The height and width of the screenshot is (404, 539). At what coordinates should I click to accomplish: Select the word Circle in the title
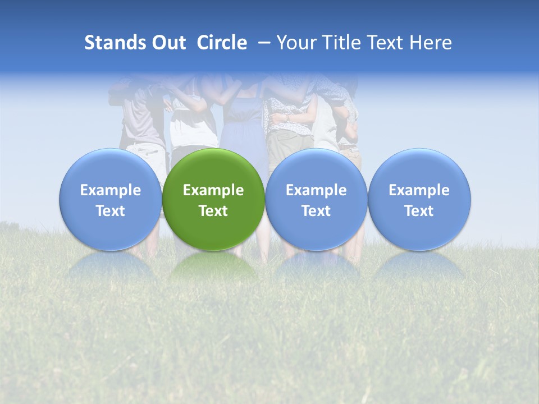click(x=222, y=43)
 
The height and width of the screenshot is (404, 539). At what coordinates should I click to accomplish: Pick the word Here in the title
click(x=431, y=43)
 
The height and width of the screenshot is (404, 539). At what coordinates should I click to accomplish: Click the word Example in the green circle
click(x=213, y=190)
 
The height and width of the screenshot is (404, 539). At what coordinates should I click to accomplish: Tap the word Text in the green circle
click(x=213, y=211)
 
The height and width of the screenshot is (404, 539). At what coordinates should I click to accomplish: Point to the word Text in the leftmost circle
click(x=111, y=211)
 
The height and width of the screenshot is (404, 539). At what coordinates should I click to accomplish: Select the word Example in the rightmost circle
click(x=419, y=190)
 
